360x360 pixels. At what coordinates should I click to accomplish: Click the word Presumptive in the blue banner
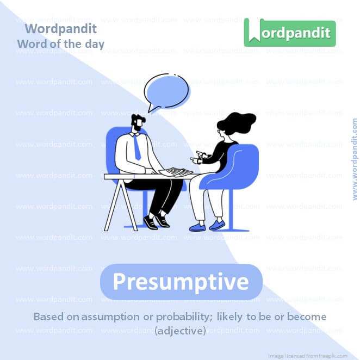tap(181, 282)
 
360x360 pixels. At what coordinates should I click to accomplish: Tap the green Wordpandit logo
tap(290, 32)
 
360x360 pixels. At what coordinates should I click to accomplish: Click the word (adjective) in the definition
tap(180, 330)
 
